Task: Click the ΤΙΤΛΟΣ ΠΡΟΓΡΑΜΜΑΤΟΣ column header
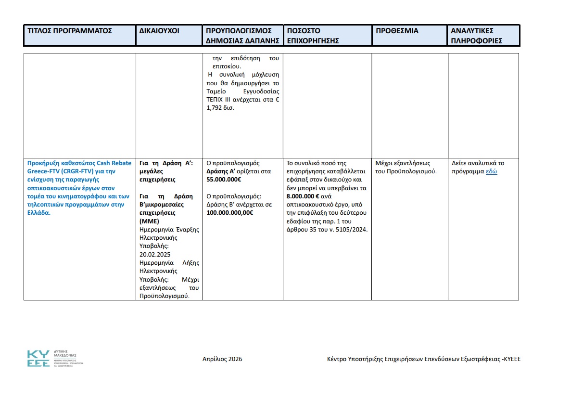tap(70, 31)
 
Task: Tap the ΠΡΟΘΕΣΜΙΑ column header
tap(397, 31)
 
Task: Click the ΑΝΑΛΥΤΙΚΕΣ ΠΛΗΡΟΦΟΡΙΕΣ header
tap(476, 36)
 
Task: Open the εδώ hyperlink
tap(491, 171)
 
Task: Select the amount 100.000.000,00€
tap(230, 213)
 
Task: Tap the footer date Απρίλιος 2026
tap(222, 359)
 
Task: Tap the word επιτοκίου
tap(227, 66)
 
